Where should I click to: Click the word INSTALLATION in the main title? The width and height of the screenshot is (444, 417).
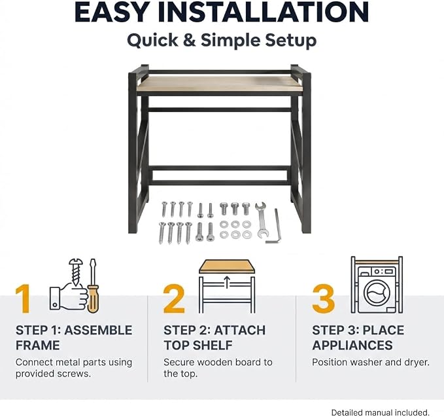[263, 12]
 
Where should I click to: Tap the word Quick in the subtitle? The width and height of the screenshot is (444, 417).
[152, 41]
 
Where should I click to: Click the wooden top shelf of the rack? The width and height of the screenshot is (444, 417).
[220, 84]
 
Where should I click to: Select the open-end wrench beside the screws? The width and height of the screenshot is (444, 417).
[261, 220]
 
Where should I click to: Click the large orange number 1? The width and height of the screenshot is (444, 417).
[24, 299]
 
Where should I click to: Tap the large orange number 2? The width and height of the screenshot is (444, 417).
[174, 299]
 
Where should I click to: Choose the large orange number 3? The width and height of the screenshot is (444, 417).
[324, 299]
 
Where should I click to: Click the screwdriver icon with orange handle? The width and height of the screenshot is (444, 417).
[93, 286]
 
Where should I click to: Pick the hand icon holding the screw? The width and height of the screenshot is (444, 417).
[69, 298]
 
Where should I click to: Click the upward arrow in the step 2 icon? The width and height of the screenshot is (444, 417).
[227, 283]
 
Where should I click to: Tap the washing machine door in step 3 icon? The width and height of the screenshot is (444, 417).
[377, 293]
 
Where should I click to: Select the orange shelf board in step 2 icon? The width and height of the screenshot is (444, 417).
[227, 266]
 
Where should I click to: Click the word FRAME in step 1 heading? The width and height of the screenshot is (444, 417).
[38, 345]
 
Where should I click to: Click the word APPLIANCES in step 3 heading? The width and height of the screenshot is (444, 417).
[352, 345]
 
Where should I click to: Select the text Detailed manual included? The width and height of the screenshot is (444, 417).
[381, 412]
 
